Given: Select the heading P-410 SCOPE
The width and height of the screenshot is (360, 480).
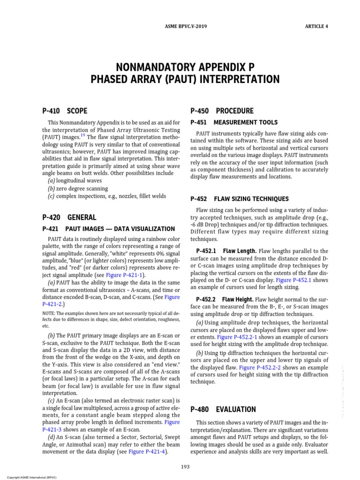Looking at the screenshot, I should (x=64, y=111).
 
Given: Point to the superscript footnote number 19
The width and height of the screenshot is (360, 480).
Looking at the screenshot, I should (x=82, y=135).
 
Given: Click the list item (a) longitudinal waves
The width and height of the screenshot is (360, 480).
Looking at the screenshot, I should (x=75, y=180).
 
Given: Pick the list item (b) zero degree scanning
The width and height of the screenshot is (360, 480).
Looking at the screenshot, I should (x=77, y=188).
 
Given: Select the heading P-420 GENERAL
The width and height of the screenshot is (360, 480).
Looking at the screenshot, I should (x=69, y=217).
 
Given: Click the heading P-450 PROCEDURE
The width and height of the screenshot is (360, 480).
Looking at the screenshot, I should (x=222, y=111).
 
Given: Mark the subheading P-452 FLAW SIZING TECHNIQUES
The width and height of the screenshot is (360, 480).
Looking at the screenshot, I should (x=240, y=199).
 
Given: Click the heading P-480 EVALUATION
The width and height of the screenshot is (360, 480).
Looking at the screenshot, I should (x=223, y=409).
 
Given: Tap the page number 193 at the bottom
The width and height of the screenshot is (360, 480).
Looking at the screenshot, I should (x=185, y=466).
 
